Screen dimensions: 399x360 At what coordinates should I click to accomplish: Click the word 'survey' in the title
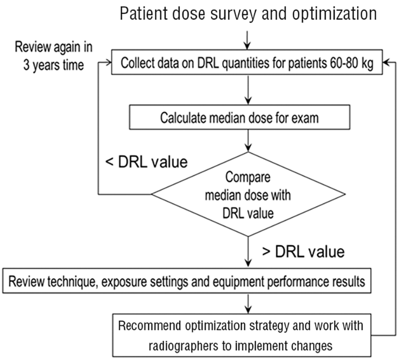[233, 14]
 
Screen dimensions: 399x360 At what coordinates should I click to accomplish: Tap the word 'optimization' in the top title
[334, 13]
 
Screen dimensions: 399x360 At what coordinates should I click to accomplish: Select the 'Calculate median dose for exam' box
[239, 117]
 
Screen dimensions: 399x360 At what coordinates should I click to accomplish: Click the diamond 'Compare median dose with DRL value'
[248, 194]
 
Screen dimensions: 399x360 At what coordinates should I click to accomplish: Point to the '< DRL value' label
[147, 162]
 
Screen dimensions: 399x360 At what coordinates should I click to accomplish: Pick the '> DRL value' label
[303, 252]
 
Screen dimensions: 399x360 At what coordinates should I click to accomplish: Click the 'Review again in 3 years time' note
[54, 56]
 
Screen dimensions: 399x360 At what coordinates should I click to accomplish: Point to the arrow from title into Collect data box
[247, 40]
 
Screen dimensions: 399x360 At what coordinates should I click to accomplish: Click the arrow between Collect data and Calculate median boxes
[248, 90]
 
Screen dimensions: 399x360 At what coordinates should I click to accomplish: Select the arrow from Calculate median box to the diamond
[248, 141]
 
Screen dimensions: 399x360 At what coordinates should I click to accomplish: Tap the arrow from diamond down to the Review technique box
[248, 252]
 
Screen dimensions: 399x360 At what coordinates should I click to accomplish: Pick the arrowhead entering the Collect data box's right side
[386, 62]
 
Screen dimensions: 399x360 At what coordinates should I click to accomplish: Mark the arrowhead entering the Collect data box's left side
[108, 62]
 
